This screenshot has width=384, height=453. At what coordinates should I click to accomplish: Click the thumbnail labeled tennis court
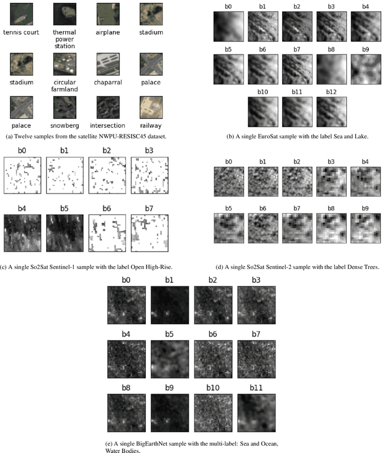22,14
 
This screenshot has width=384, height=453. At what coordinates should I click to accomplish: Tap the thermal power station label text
65,39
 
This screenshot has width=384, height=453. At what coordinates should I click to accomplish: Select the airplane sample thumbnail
108,14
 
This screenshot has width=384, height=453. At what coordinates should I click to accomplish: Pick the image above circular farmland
65,64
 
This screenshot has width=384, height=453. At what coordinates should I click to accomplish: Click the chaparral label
108,82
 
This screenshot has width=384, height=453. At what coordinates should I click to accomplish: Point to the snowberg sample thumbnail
65,107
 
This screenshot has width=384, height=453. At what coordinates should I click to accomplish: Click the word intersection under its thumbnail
107,125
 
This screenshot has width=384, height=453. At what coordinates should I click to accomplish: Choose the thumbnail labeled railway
151,107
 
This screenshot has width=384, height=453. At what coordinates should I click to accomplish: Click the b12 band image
331,112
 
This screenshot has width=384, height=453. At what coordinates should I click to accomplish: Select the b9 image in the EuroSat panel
366,70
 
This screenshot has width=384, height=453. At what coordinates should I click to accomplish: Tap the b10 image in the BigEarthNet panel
213,413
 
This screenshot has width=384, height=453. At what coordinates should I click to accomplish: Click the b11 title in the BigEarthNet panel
256,388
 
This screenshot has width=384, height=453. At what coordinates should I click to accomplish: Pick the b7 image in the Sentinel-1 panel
149,233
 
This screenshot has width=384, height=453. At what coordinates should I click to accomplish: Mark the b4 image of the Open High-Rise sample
23,233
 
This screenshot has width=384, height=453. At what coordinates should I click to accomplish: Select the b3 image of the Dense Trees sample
331,182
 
